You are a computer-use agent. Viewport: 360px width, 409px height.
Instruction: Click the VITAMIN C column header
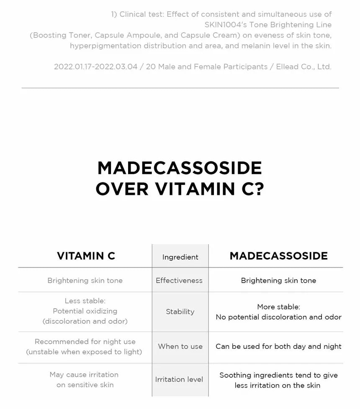pos(86,256)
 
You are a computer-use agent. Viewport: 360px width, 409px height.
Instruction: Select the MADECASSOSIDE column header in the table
pos(278,256)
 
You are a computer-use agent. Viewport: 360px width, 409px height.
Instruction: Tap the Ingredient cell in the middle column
pos(180,257)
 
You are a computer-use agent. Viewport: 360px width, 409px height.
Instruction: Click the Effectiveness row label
pos(179,281)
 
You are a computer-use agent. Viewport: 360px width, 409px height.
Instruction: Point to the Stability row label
pos(180,312)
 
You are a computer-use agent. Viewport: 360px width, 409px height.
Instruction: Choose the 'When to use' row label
pos(180,346)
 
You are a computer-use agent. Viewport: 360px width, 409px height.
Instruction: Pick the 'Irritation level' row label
pos(179,379)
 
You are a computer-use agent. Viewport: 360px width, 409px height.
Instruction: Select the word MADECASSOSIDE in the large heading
pos(180,168)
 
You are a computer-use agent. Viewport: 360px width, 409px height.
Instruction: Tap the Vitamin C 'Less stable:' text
pos(85,301)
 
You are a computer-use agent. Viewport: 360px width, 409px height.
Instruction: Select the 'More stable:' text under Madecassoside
pos(278,307)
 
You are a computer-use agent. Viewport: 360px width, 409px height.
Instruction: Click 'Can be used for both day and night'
pos(278,346)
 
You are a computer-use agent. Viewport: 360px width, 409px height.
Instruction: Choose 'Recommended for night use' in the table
pos(85,342)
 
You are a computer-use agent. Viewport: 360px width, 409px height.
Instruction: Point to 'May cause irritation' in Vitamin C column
pos(84,374)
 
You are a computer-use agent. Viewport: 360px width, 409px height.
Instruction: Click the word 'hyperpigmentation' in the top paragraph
pos(106,46)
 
